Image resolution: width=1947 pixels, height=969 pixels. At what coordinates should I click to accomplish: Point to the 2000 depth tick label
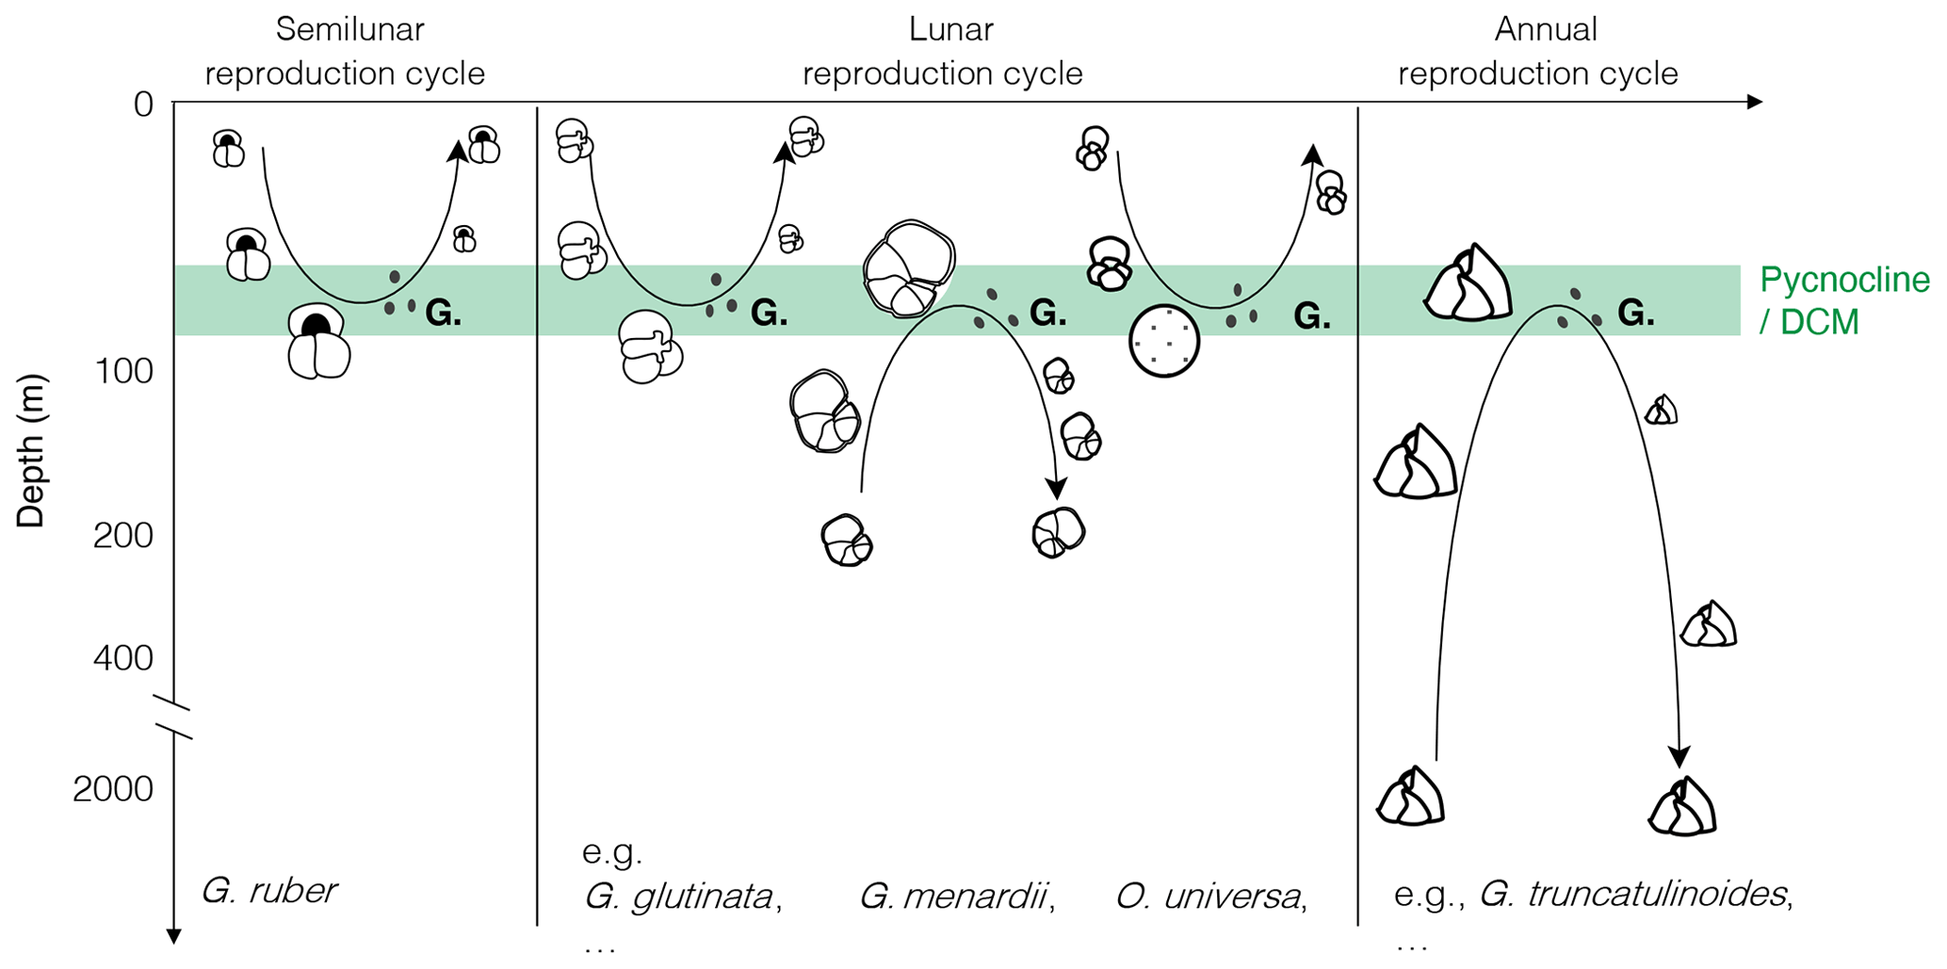[112, 789]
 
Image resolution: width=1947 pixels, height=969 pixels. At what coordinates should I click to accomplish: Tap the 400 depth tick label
[122, 657]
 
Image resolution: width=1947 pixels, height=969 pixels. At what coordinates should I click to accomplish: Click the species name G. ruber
[269, 890]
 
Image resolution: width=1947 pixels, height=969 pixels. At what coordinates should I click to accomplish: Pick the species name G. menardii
[955, 896]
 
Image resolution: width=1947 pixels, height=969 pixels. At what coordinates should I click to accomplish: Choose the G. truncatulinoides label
[1633, 893]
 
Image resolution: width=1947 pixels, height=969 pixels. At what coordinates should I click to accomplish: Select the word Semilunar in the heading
[349, 29]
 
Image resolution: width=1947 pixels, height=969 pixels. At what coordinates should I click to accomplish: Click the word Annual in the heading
[1546, 29]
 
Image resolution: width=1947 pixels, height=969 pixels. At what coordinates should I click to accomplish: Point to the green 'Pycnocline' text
[1844, 280]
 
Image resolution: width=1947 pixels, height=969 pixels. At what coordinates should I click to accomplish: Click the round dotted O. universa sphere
[1164, 341]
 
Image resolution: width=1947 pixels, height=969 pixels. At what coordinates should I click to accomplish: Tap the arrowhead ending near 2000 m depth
[1679, 756]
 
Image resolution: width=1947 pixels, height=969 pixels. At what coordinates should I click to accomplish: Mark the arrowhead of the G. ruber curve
[458, 151]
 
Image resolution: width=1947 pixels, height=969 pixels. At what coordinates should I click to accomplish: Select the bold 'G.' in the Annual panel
[1636, 314]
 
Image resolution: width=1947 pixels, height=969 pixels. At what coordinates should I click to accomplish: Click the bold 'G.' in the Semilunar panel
[444, 314]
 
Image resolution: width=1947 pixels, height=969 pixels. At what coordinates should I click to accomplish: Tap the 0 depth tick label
[143, 104]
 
